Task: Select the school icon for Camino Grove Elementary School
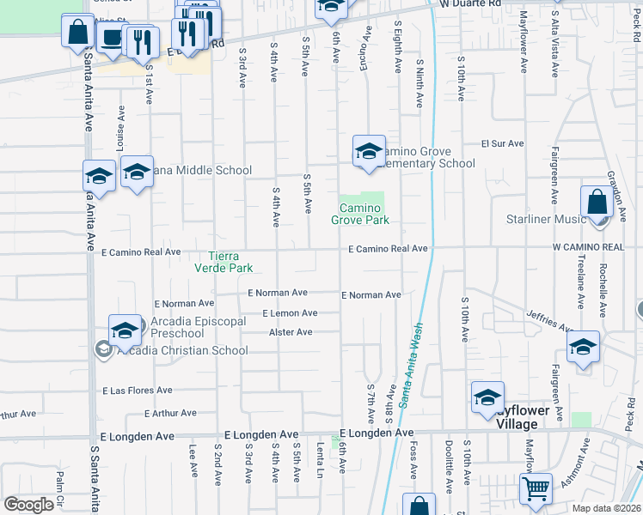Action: coord(368,151)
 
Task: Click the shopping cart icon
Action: coord(536,488)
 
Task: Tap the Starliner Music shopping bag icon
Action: coord(596,203)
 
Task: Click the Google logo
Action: coord(28,505)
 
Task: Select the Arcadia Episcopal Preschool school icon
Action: coord(125,330)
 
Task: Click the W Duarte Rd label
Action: coord(469,4)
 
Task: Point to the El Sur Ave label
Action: coord(497,143)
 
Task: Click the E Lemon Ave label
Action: coord(290,313)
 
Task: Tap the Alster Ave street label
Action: coord(291,332)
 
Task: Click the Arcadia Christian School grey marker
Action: coord(102,349)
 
